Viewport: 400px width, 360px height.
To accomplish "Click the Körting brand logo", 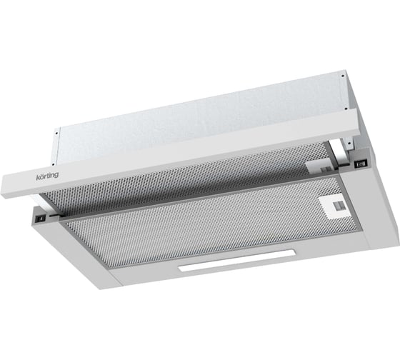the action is [47, 176].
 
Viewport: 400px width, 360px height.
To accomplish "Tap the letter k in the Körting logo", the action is [37, 177].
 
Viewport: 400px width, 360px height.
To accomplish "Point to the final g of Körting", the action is [56, 175].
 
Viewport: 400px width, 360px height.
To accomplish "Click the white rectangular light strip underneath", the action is [237, 260].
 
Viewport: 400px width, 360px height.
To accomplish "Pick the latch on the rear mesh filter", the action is [321, 166].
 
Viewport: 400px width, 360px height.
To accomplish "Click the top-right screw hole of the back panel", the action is [343, 76].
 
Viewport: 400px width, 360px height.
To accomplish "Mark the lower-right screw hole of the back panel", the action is [346, 109].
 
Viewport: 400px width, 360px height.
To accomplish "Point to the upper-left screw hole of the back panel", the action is [56, 133].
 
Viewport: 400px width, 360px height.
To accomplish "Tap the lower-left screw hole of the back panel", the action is [53, 164].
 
